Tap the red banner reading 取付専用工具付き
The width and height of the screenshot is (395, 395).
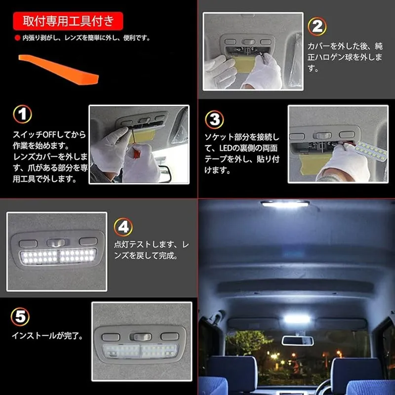(68, 21)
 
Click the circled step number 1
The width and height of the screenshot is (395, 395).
(22, 114)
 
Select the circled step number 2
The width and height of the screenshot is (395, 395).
(317, 26)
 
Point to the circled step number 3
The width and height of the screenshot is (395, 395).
(214, 119)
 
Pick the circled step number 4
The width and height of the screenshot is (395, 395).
(123, 227)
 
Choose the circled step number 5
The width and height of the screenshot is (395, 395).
(20, 316)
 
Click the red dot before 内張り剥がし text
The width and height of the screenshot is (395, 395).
(17, 38)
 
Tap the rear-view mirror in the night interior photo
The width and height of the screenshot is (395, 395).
(298, 341)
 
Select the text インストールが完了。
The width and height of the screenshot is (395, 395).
(47, 336)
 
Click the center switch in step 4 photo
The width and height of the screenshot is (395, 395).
(58, 243)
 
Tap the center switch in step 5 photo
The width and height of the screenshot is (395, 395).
(141, 337)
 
